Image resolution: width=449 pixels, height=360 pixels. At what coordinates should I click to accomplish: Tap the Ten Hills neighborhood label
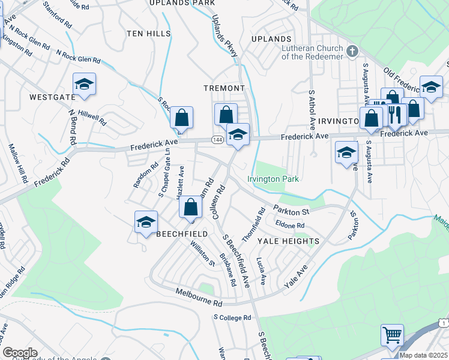click(x=149, y=34)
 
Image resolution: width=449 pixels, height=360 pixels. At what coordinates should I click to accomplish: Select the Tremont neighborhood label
click(x=224, y=88)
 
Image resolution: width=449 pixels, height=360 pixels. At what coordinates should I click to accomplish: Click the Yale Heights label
click(x=288, y=241)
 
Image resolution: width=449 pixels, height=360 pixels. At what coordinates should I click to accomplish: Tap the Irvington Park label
click(x=273, y=179)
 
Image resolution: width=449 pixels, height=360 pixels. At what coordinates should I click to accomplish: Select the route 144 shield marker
click(x=217, y=139)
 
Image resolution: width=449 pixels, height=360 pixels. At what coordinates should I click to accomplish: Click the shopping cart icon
click(x=392, y=335)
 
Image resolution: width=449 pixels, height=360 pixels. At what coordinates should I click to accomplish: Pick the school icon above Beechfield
click(x=146, y=223)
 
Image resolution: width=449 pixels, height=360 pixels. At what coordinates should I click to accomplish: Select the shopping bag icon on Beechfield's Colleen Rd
click(x=190, y=208)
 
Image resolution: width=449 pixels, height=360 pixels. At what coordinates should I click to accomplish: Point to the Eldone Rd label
click(x=290, y=226)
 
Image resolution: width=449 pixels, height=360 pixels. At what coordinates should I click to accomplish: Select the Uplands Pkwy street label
click(x=226, y=38)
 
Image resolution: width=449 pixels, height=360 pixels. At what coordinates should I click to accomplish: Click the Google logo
click(x=20, y=353)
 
